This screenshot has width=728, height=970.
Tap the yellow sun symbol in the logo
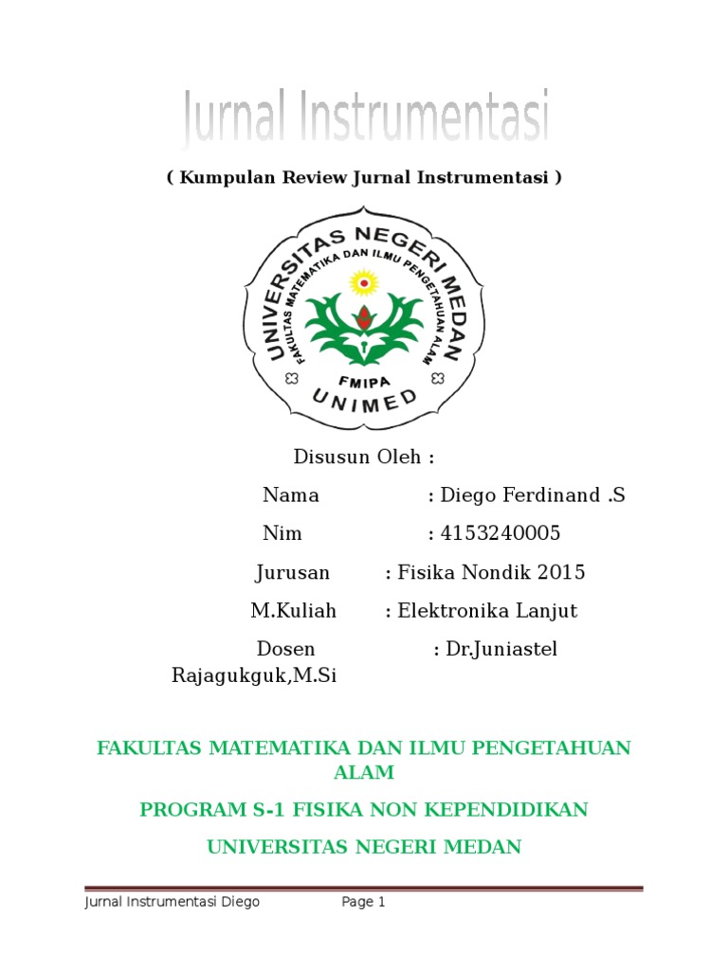(x=364, y=281)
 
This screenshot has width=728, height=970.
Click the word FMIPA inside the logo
(x=364, y=376)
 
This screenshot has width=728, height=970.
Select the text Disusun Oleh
(x=364, y=457)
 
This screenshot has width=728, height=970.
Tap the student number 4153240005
(x=500, y=533)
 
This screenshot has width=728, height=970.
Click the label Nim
(x=282, y=533)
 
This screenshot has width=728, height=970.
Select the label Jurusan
(x=293, y=572)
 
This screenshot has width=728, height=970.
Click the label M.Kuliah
(x=294, y=611)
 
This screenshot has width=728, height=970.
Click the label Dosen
(x=287, y=649)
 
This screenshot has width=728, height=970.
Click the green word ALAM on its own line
(x=364, y=773)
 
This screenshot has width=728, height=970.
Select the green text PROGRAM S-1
(x=201, y=810)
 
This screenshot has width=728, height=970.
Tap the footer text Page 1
(x=364, y=903)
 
